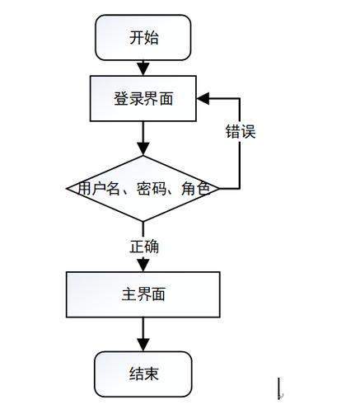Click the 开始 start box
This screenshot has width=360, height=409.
pos(143,37)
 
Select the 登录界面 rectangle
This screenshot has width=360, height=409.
pos(143,98)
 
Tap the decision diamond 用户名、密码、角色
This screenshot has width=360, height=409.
pos(143,189)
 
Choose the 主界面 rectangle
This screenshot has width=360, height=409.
pos(143,294)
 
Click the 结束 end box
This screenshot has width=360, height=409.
pos(143,374)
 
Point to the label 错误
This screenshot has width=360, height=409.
pos(241,131)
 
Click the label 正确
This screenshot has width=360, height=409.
pos(144,247)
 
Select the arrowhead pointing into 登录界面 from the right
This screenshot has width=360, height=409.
pos(203,98)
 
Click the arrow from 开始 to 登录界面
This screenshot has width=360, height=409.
pos(143,68)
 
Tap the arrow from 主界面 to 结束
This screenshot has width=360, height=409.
pos(143,335)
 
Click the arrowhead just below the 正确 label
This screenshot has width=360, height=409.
pos(143,265)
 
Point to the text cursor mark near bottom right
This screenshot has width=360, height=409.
pos(280,388)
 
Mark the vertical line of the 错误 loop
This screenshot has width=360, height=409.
pos(240,157)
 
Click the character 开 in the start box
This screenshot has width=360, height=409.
pos(136,37)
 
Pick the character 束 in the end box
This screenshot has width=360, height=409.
pos(151,374)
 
